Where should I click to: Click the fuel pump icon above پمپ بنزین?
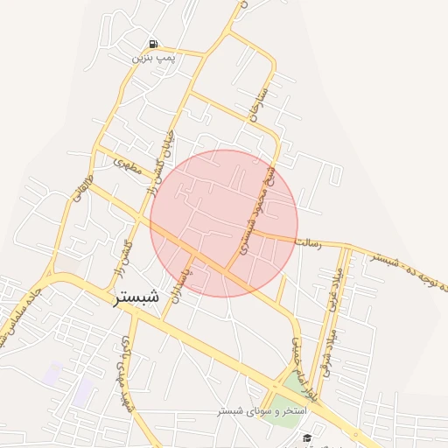(x=154, y=45)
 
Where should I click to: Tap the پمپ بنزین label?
(x=154, y=58)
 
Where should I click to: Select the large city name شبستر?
(x=136, y=297)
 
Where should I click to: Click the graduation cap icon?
(x=307, y=438)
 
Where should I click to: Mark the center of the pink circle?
(x=224, y=223)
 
